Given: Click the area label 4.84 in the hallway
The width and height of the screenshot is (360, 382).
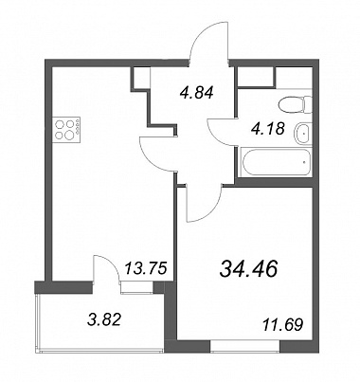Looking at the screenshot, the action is click(x=197, y=93).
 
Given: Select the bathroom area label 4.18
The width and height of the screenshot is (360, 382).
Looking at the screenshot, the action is click(x=268, y=129).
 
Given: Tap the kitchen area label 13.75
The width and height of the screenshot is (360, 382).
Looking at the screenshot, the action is click(x=145, y=269).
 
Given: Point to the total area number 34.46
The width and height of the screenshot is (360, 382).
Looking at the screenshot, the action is click(x=249, y=269).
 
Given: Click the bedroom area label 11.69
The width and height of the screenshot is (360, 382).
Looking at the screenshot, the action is click(x=282, y=324).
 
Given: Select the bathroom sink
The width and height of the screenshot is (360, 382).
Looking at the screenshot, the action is click(x=303, y=133).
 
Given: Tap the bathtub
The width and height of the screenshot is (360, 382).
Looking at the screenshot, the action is click(x=276, y=162).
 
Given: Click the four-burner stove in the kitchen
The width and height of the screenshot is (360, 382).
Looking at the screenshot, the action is click(x=66, y=130).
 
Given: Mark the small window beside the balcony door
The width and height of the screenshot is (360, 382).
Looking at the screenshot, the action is click(x=136, y=287).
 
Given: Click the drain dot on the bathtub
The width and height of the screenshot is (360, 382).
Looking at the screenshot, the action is click(x=303, y=162).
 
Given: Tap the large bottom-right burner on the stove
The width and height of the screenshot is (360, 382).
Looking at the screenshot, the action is click(x=68, y=136).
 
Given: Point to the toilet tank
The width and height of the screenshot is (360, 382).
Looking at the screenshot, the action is click(x=308, y=105).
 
